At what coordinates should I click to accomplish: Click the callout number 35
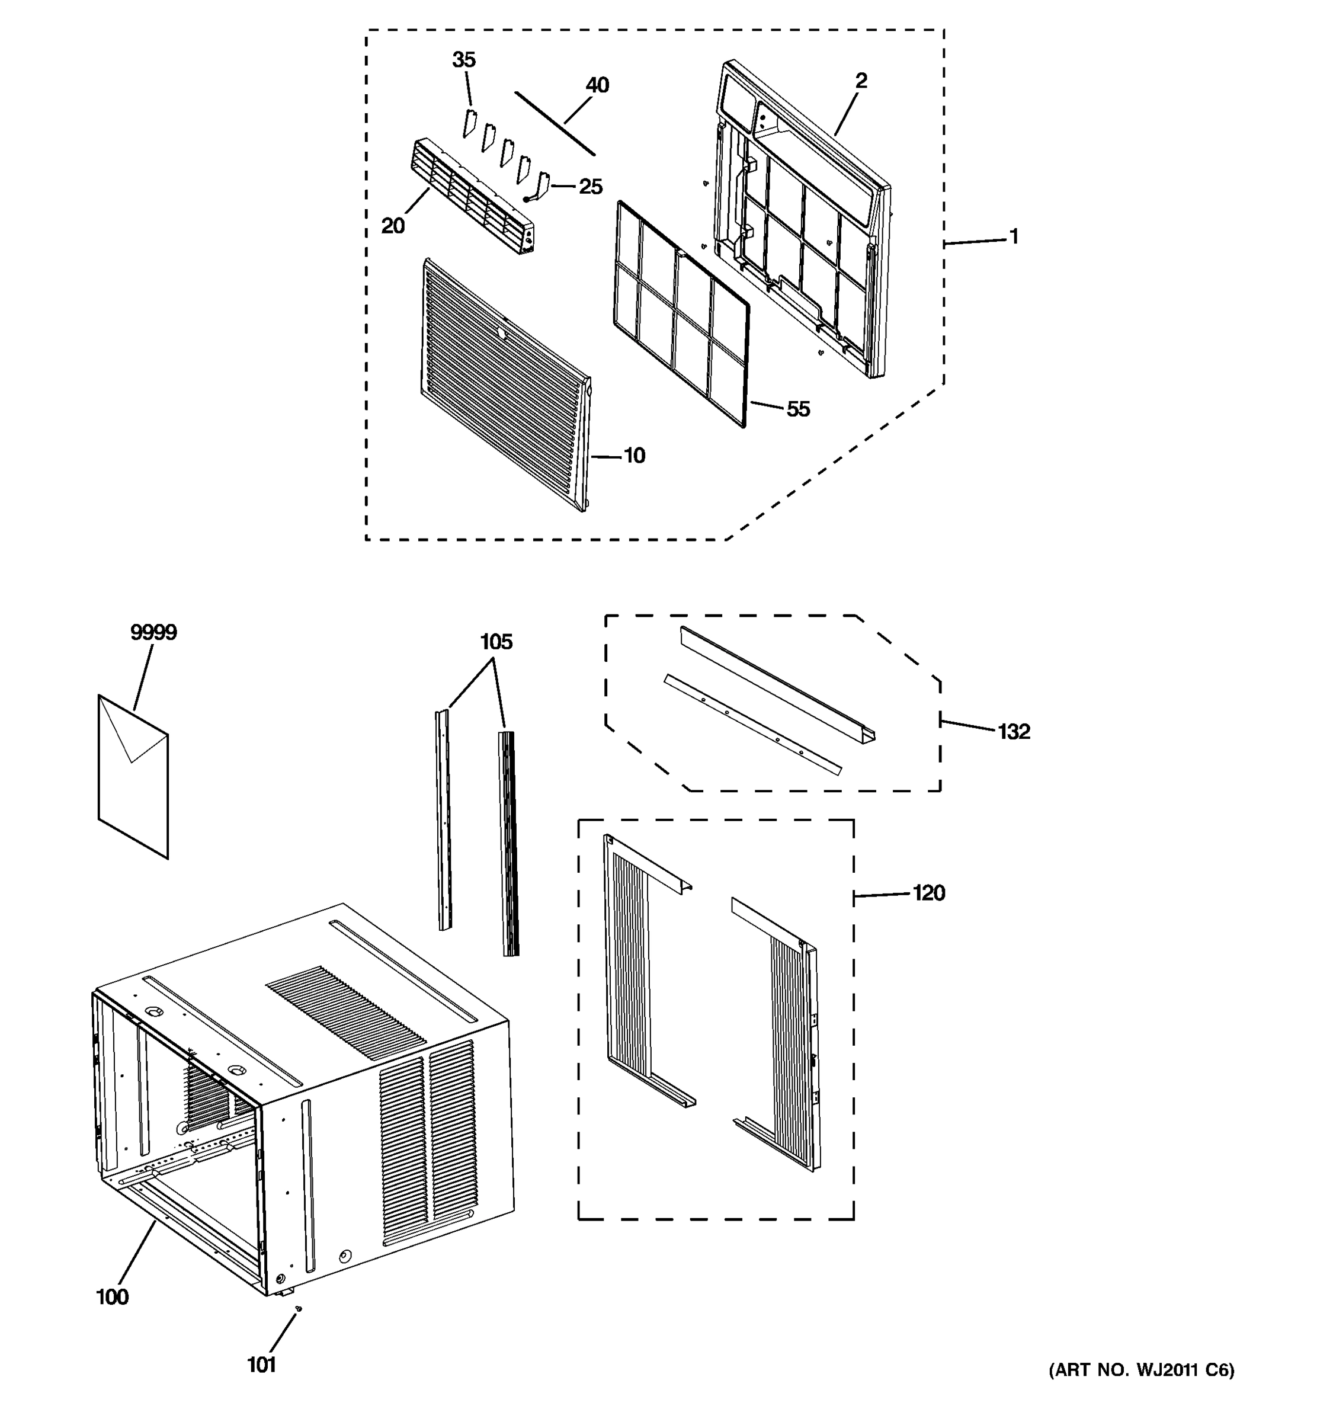(463, 60)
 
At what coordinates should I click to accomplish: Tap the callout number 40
(597, 85)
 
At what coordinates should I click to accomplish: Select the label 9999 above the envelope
(153, 632)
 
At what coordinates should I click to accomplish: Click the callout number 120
(928, 893)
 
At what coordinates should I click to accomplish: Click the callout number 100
(113, 1297)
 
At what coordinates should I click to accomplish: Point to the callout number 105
(496, 642)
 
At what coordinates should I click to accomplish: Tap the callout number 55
(798, 409)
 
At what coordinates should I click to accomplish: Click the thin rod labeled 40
(554, 123)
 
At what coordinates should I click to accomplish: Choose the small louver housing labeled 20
(472, 197)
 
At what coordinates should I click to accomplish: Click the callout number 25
(590, 187)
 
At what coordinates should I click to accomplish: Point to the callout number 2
(861, 81)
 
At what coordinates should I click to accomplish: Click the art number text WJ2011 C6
(1140, 1370)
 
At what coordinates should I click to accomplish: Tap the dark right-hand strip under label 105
(509, 844)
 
